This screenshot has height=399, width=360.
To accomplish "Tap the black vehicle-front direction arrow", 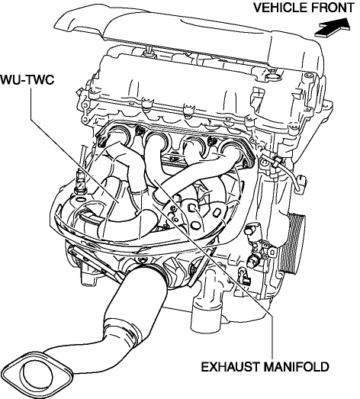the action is [333, 27].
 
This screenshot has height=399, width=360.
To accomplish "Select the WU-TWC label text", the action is [27, 79].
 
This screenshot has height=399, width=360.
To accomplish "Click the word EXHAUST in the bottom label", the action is [230, 367].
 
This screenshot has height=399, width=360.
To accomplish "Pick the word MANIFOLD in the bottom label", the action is [296, 367].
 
